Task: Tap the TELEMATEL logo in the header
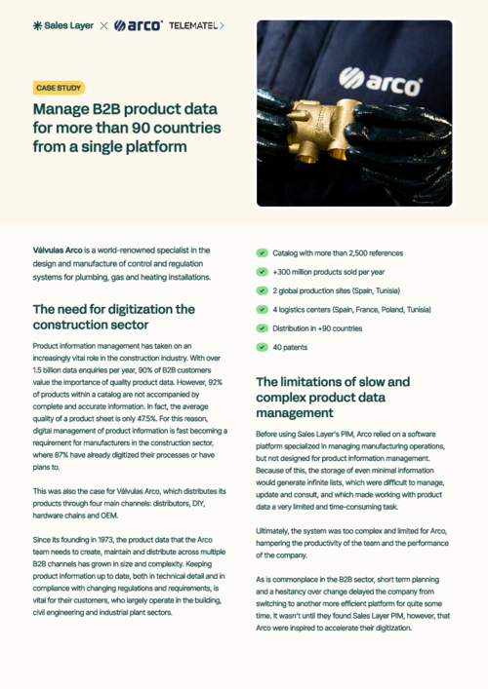(x=195, y=25)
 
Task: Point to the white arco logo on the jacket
(x=381, y=76)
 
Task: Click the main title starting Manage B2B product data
(x=127, y=127)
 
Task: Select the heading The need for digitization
(x=113, y=317)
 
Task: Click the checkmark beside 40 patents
(x=263, y=346)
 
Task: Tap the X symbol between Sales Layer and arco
(x=103, y=25)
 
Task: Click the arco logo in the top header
(x=138, y=25)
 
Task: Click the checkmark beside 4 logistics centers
(x=263, y=309)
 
